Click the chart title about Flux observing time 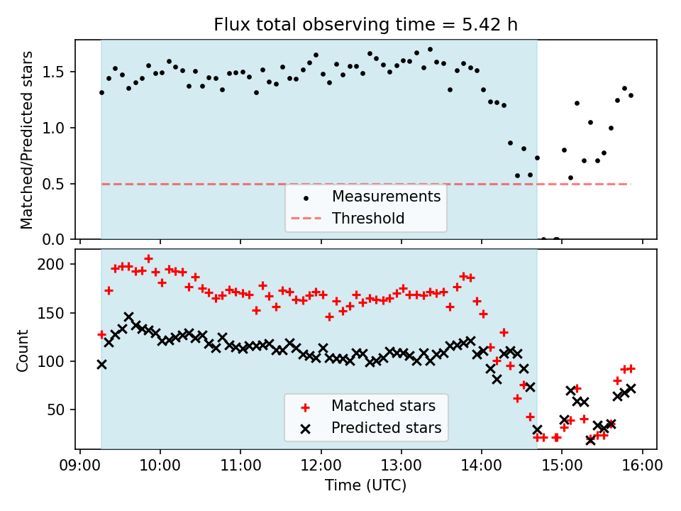pyautogui.click(x=365, y=25)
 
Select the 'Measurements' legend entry pyautogui.click(x=386, y=196)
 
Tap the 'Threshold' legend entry pyautogui.click(x=367, y=218)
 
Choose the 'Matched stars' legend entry pyautogui.click(x=383, y=406)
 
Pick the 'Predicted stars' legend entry pyautogui.click(x=386, y=428)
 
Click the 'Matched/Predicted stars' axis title pyautogui.click(x=27, y=140)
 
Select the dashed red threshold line pyautogui.click(x=213, y=184)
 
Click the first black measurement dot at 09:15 pyautogui.click(x=101, y=92)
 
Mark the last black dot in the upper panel pyautogui.click(x=631, y=95)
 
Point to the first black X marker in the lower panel pyautogui.click(x=101, y=364)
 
